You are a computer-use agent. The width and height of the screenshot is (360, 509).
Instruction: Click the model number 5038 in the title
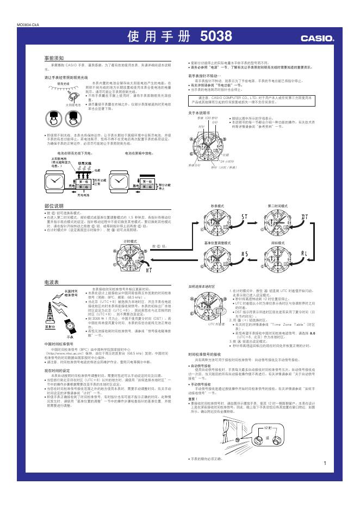click(216, 37)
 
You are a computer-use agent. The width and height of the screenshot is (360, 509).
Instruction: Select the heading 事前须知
click(54, 57)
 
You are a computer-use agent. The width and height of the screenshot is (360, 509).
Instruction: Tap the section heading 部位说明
click(54, 207)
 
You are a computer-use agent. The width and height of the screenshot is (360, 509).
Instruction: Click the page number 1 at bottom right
click(324, 463)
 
